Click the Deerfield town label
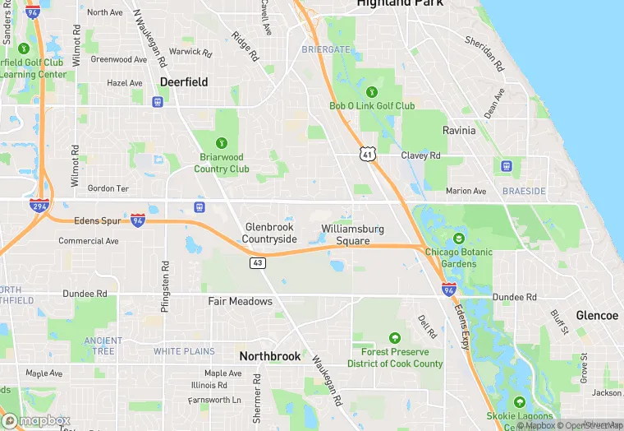coord(184,82)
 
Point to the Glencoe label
coord(597,316)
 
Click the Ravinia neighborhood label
coord(459,131)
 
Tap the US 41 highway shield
coord(367,153)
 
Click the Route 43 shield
coord(258,262)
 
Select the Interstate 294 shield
coord(39,206)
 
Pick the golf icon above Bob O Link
coord(372,91)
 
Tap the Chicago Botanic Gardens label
coord(458,257)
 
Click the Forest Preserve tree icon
coord(395,338)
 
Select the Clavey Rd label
coord(420,155)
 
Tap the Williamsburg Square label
coord(352,234)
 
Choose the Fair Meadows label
coord(240,301)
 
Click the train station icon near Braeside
coord(507,166)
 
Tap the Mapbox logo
coord(37,419)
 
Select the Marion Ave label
coord(466,191)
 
